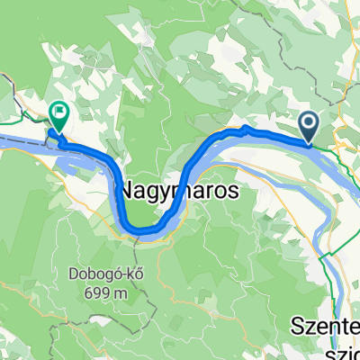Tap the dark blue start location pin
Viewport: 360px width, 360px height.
(309, 127)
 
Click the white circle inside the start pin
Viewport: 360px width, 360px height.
(309, 123)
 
